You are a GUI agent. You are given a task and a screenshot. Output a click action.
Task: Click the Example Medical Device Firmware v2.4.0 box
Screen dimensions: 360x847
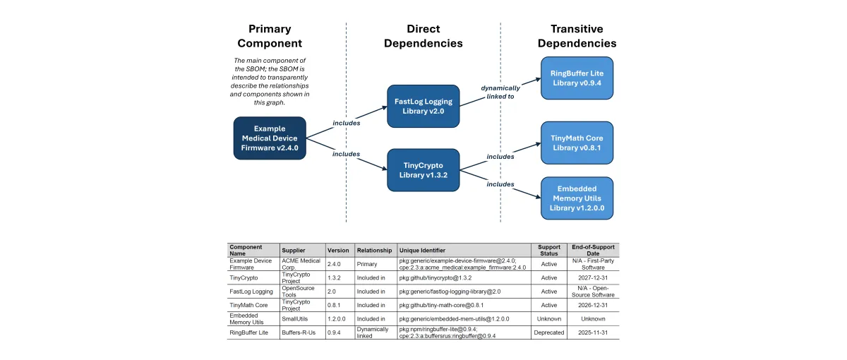point(270,138)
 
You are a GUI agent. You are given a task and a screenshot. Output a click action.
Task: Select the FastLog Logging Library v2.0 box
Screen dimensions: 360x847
point(423,106)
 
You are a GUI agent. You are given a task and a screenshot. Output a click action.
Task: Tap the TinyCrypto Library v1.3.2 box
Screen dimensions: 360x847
point(423,170)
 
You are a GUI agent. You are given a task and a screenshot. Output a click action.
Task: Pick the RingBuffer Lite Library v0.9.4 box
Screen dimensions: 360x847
point(577,78)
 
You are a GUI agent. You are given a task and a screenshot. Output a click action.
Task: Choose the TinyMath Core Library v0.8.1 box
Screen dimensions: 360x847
point(577,143)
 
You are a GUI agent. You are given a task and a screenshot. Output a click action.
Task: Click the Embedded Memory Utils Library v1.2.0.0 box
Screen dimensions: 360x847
point(577,198)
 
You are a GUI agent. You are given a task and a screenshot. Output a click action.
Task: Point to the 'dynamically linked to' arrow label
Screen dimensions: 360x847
point(500,92)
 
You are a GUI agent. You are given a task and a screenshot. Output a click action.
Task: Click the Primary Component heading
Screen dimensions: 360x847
point(269,36)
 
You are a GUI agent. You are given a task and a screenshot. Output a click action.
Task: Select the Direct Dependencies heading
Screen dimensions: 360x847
point(423,36)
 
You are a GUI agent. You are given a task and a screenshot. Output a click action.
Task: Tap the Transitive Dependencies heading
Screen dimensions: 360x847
point(577,36)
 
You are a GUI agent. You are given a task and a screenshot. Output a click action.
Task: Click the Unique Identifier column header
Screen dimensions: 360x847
point(422,250)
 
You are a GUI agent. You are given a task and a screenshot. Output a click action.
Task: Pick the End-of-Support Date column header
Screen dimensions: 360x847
point(593,250)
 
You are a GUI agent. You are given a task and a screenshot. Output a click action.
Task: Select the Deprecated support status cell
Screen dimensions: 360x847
point(548,332)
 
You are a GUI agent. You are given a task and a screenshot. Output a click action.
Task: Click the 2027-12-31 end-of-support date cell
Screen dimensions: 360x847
point(593,277)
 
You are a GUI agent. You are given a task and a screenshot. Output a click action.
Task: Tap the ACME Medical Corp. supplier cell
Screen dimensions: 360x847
point(301,264)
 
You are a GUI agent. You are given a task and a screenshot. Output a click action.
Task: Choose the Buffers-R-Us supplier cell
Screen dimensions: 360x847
point(301,332)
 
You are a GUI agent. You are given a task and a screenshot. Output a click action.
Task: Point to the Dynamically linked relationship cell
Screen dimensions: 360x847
point(374,332)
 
